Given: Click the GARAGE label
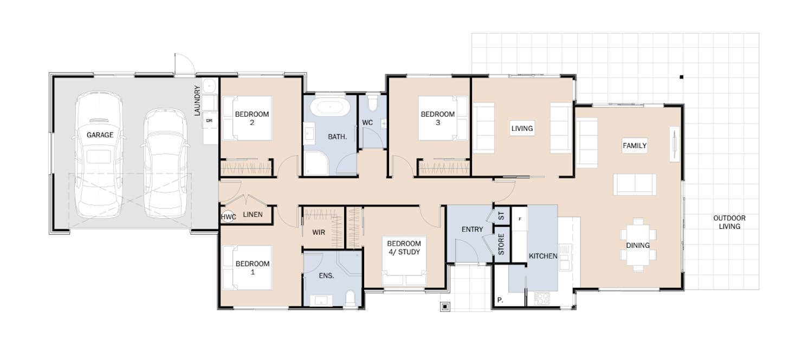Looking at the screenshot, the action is coord(100,135).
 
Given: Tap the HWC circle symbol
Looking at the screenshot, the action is coord(228,216).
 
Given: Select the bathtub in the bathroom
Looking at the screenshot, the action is coord(330,106).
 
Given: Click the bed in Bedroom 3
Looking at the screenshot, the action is coord(443,118).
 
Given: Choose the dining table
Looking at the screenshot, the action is coord(638,245).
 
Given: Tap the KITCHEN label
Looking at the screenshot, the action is coord(543,256).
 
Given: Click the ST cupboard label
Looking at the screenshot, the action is coord(501,216).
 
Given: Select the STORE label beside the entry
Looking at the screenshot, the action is coord(501,244).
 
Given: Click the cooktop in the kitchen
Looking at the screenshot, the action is coord(541,298).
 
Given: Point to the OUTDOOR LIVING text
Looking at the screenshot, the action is coord(729,222).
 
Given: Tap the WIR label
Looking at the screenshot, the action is coord(319,233).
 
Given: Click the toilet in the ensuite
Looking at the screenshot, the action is coord(350,298).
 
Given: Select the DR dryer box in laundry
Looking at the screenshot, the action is coord(210,121).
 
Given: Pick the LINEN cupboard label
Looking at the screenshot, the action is coord(253,215).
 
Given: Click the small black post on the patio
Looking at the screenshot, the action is coord(681,77).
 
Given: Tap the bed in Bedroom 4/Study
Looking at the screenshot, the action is coord(404,261).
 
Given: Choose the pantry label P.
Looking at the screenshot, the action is coord(500,300).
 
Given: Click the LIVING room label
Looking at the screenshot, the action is coord(522,128).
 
